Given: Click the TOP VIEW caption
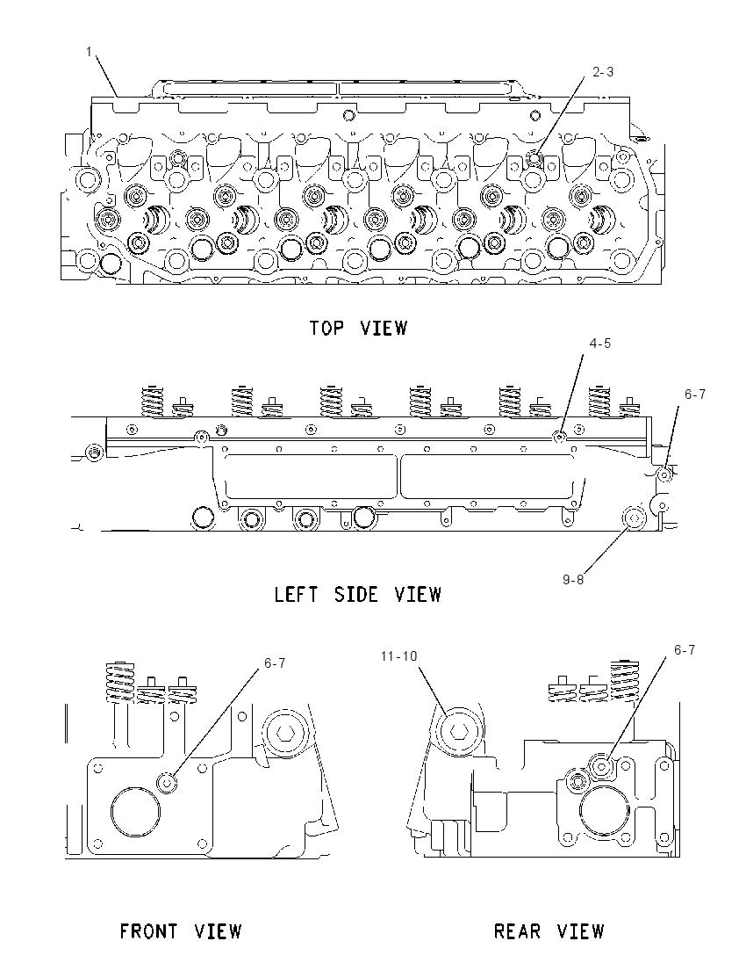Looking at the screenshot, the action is pyautogui.click(x=358, y=328).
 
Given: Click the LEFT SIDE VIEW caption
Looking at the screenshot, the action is pyautogui.click(x=358, y=594).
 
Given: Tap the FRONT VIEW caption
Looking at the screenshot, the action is pyautogui.click(x=181, y=931).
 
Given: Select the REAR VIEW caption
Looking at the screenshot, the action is pyautogui.click(x=549, y=931).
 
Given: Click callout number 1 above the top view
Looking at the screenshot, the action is pyautogui.click(x=89, y=52).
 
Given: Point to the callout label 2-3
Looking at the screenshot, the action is pyautogui.click(x=603, y=72).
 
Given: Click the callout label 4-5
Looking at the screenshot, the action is pyautogui.click(x=600, y=343).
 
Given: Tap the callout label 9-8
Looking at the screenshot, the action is pyautogui.click(x=574, y=579).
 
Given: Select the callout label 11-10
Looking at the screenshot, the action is pyautogui.click(x=398, y=656).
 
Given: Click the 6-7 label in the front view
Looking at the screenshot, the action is pyautogui.click(x=275, y=663).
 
